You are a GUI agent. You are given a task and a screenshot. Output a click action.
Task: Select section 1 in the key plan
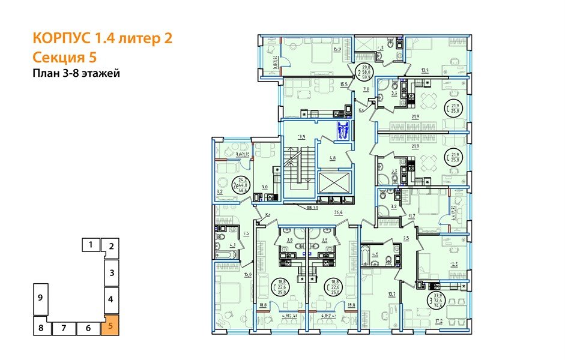point(90,245)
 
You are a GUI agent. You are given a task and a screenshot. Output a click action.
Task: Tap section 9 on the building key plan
point(39,298)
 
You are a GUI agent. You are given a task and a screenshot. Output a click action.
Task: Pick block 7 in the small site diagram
point(63,328)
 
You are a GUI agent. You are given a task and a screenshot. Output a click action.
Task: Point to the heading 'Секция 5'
point(64,58)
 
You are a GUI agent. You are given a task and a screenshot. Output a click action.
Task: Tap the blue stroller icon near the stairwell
point(343,130)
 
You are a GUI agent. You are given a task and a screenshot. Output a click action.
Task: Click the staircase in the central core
point(299,167)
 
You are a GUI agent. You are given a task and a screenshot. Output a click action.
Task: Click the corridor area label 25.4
point(337,212)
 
